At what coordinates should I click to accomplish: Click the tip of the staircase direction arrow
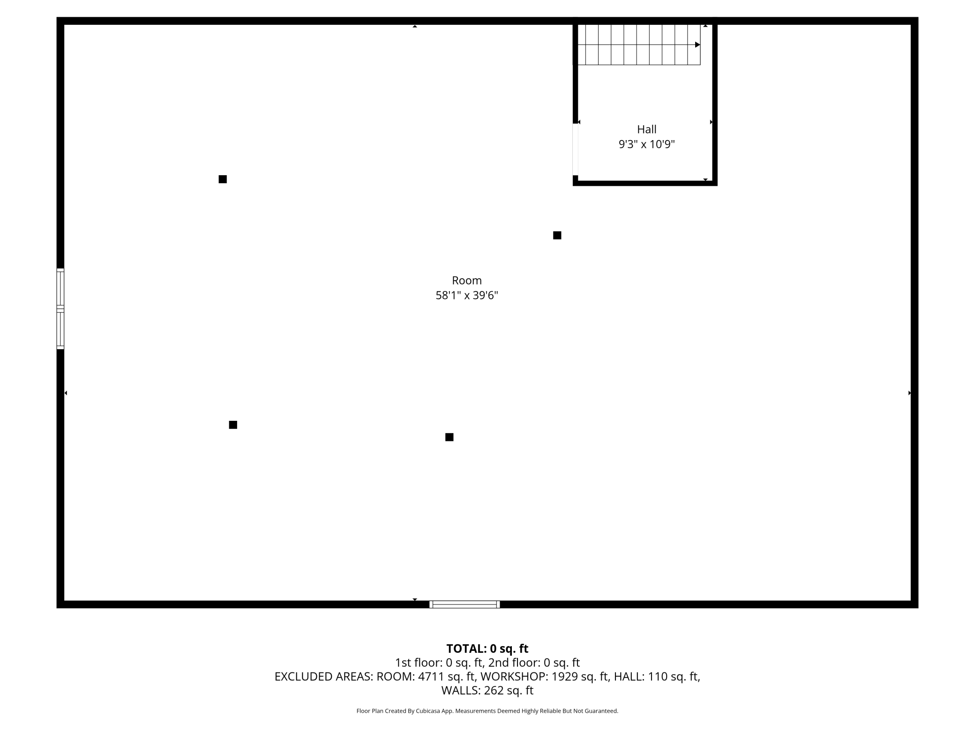pos(700,45)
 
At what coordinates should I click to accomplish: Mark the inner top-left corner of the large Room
pos(64,25)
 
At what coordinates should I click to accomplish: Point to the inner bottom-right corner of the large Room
pos(911,601)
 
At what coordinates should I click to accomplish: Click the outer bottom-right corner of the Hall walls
pos(717,186)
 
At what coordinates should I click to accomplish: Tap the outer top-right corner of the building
pos(918,18)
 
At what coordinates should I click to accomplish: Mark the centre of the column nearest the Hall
pos(557,235)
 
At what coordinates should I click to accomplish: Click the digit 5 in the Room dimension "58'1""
pos(439,295)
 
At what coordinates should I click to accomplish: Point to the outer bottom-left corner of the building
pos(57,608)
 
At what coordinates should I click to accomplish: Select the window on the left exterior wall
pos(60,309)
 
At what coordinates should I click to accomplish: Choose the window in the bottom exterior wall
pos(465,604)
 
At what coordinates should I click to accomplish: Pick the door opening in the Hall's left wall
pos(575,149)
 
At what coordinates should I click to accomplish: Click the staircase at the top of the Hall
pos(639,45)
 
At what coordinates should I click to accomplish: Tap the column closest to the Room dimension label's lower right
pos(449,437)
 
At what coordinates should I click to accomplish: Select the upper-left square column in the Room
pos(223,179)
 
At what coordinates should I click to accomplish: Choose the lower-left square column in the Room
pos(233,425)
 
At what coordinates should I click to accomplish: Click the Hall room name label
pos(646,129)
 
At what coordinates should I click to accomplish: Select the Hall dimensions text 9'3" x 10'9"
pos(646,144)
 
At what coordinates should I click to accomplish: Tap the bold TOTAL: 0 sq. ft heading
pos(487,649)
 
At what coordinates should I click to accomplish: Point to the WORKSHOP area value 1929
pos(563,676)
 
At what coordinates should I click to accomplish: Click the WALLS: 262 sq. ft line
pos(487,690)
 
